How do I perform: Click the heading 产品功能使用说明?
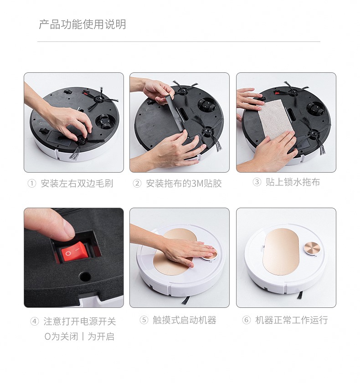[x=82, y=25]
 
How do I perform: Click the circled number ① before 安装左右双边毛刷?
[x=32, y=183]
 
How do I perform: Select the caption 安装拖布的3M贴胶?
[x=184, y=183]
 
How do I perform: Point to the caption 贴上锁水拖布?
[x=293, y=182]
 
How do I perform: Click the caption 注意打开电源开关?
[x=80, y=321]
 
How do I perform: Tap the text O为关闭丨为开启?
[x=79, y=337]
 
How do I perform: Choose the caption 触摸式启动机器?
[x=185, y=320]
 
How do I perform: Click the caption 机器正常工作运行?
[x=291, y=320]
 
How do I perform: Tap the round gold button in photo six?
[x=311, y=249]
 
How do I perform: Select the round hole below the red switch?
[x=85, y=276]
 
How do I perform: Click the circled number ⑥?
[x=247, y=320]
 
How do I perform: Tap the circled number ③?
[x=257, y=182]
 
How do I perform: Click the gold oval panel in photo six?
[x=281, y=251]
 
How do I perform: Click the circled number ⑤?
[x=144, y=320]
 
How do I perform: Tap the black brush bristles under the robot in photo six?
[x=300, y=295]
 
